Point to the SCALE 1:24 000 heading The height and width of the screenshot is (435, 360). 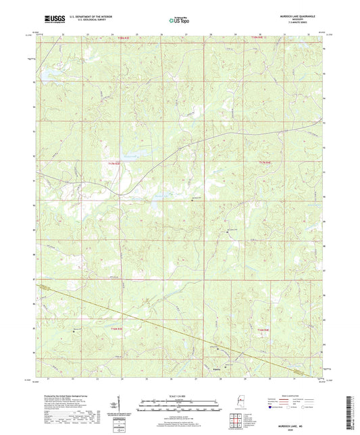pos(180,396)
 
